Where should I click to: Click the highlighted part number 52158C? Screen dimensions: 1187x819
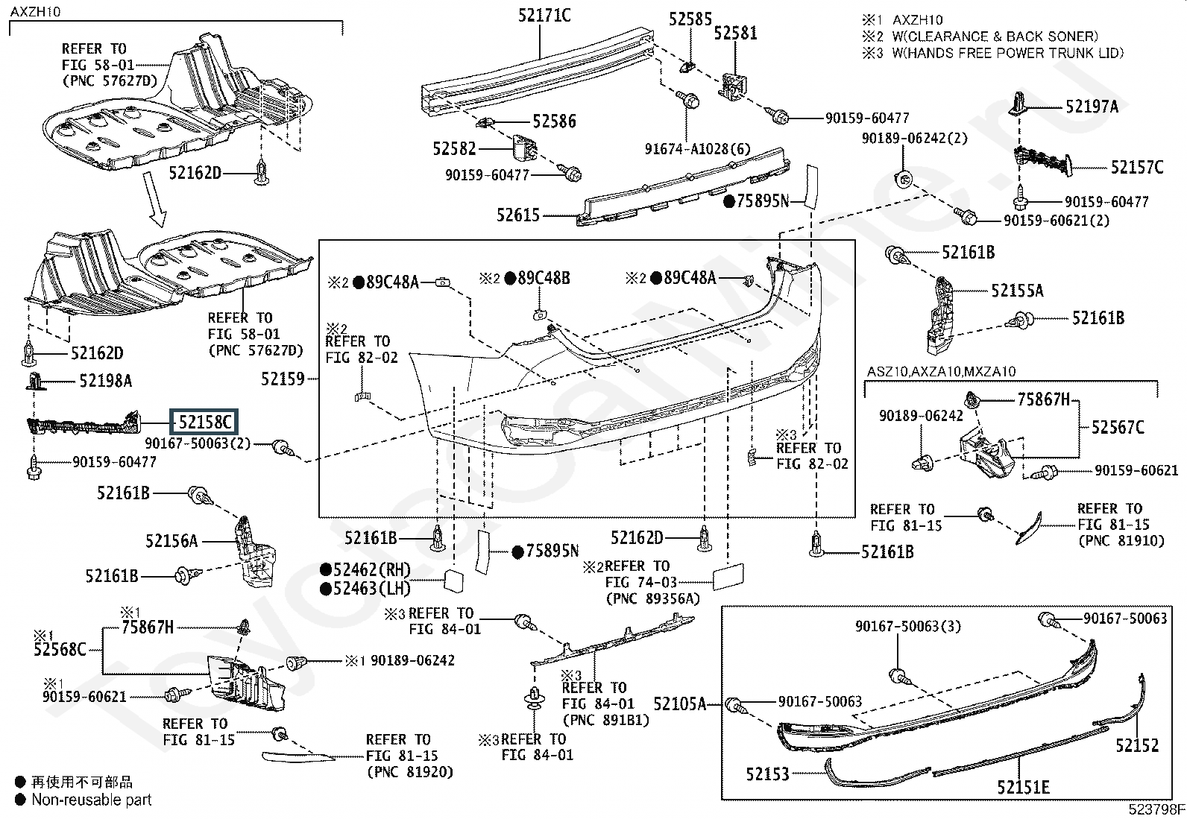[x=204, y=423]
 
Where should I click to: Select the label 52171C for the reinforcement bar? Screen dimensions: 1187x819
[x=544, y=16]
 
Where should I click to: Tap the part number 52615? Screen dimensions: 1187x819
[x=517, y=215]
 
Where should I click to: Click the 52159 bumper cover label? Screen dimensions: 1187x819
[x=283, y=379]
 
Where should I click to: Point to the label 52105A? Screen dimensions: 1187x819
[x=679, y=704]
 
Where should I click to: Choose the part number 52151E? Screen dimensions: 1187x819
[x=1023, y=787]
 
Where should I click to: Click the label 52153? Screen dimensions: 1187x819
[x=767, y=774]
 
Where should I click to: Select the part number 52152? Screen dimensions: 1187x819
[x=1137, y=745]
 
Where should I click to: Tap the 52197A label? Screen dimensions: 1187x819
[x=1092, y=107]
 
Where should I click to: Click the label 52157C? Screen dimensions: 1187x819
[x=1137, y=168]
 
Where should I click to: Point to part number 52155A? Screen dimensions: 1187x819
[x=1017, y=291]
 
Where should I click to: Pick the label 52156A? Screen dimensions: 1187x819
[x=171, y=541]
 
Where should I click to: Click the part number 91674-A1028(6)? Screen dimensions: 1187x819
[x=697, y=149]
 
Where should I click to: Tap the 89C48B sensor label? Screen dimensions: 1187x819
[x=544, y=278]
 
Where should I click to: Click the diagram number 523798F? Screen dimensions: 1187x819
[x=1156, y=809]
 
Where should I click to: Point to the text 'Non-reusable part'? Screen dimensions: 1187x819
[x=92, y=800]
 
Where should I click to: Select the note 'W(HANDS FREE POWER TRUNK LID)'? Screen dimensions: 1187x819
[x=1007, y=53]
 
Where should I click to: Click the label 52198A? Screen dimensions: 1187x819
[x=105, y=381]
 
